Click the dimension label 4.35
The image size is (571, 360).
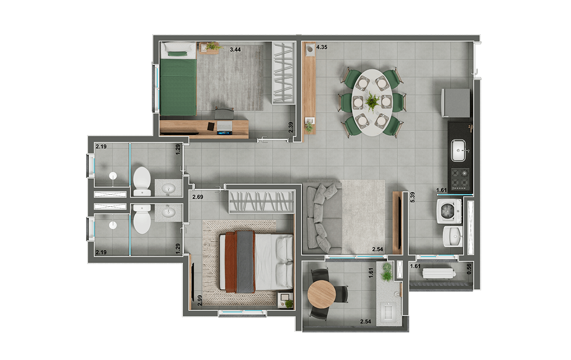(322, 47)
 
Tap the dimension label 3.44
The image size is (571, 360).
(235, 49)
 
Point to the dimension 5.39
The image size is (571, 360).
(413, 197)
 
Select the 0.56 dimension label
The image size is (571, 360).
(469, 269)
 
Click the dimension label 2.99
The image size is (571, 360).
(200, 301)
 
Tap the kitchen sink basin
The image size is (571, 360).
(458, 150)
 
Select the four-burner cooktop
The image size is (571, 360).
(461, 179)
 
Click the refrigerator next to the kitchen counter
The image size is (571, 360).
(456, 103)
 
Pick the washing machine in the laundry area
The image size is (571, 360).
(449, 211)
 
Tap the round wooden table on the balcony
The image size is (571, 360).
(322, 294)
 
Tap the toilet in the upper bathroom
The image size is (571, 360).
(142, 181)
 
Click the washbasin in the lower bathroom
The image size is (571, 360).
(168, 212)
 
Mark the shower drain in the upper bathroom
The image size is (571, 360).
(113, 175)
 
